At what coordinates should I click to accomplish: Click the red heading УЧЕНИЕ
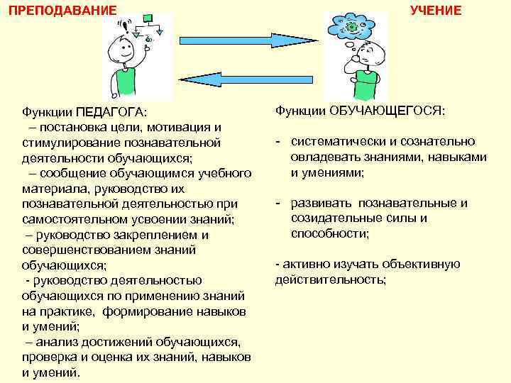(x=436, y=10)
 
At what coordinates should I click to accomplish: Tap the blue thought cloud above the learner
(x=351, y=28)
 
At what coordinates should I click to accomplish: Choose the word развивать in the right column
(x=322, y=204)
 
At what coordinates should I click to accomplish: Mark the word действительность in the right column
(x=331, y=279)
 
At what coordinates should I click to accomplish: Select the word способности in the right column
(x=331, y=233)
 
